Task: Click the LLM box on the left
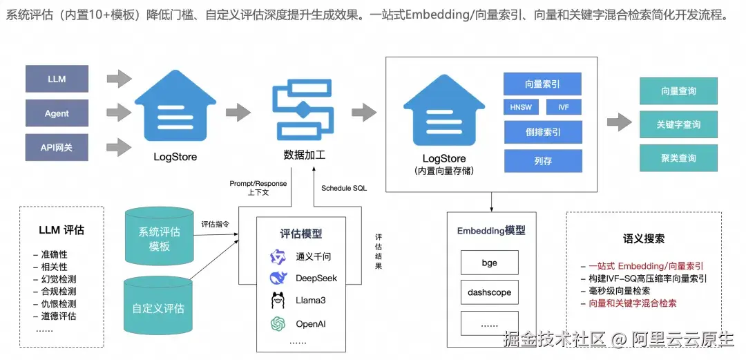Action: coord(57,79)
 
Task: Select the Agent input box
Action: coord(57,113)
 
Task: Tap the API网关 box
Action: coord(57,147)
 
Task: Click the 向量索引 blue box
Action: coord(542,84)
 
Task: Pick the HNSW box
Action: coord(520,108)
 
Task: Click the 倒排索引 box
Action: coord(542,131)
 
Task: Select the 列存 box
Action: coord(542,161)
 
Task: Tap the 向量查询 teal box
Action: coord(678,91)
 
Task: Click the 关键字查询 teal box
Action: coord(678,124)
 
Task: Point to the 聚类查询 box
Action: coord(678,158)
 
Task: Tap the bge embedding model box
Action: coord(489,263)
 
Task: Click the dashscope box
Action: coord(489,292)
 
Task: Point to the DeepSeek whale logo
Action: coord(278,278)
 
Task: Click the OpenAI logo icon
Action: coord(278,323)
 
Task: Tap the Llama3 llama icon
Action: coord(278,301)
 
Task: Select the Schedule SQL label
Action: coord(345,188)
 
